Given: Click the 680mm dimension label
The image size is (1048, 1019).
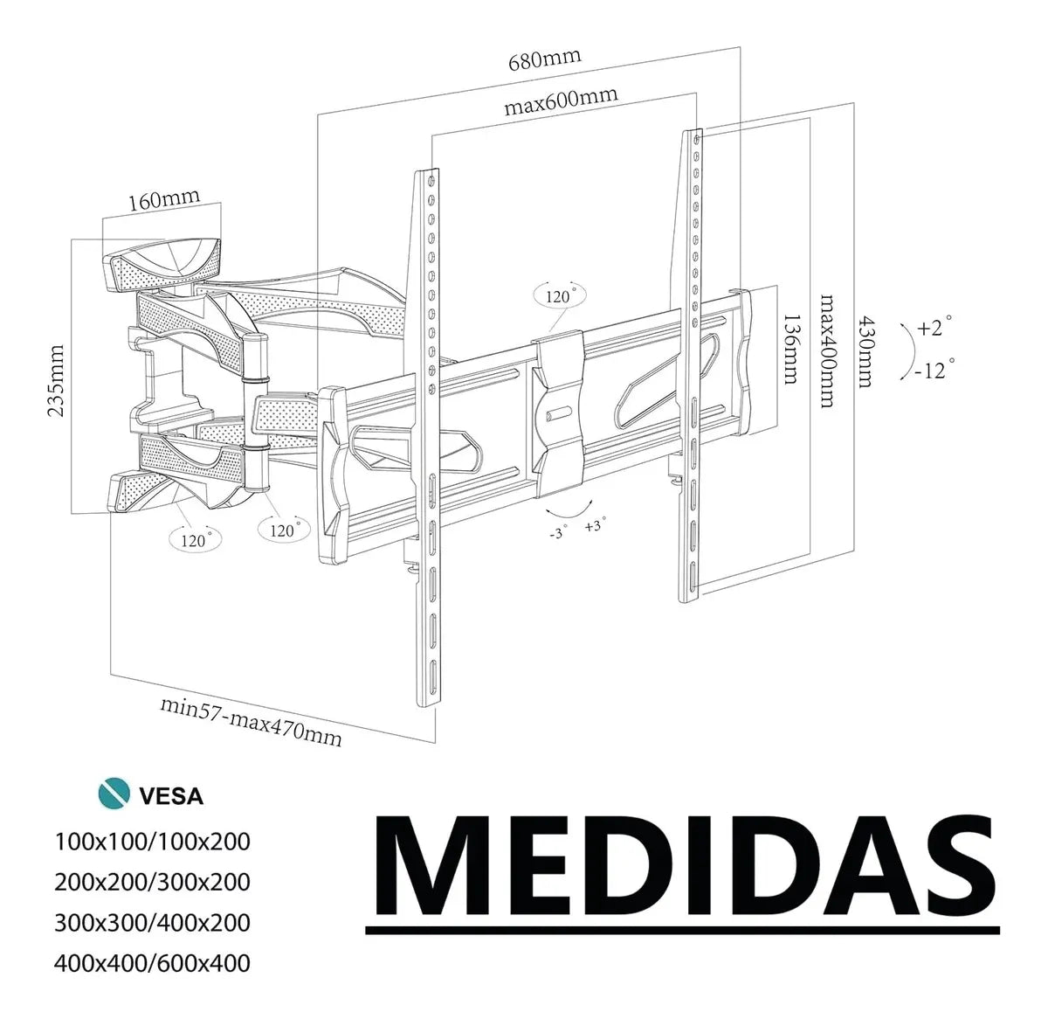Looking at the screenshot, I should click(544, 60).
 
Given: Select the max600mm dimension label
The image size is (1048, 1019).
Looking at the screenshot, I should click(560, 101).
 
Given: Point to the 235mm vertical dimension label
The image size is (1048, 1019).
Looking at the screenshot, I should click(57, 382).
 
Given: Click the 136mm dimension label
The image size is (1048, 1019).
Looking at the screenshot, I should click(790, 349).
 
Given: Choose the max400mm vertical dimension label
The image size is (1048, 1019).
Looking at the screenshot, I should click(825, 350).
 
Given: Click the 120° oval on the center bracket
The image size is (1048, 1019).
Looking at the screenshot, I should click(558, 296).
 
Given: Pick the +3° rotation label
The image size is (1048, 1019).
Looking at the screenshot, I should click(596, 526).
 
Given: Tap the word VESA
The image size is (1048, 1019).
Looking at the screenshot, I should click(171, 796).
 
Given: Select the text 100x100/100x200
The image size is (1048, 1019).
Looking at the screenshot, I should click(152, 842).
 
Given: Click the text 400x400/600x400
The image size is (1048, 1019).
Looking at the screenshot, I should click(152, 963).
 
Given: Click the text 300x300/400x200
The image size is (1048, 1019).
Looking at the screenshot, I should click(152, 922).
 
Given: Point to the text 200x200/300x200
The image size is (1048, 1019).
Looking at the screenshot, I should click(152, 882).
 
